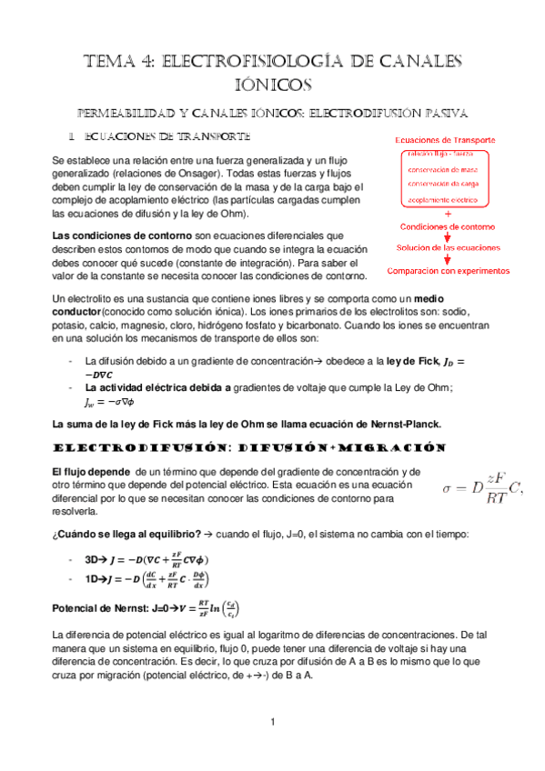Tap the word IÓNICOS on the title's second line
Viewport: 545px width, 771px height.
272,85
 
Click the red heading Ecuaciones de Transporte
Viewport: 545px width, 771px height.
444,141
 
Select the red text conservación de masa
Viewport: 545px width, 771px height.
444,168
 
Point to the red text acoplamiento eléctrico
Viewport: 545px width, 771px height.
444,197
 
